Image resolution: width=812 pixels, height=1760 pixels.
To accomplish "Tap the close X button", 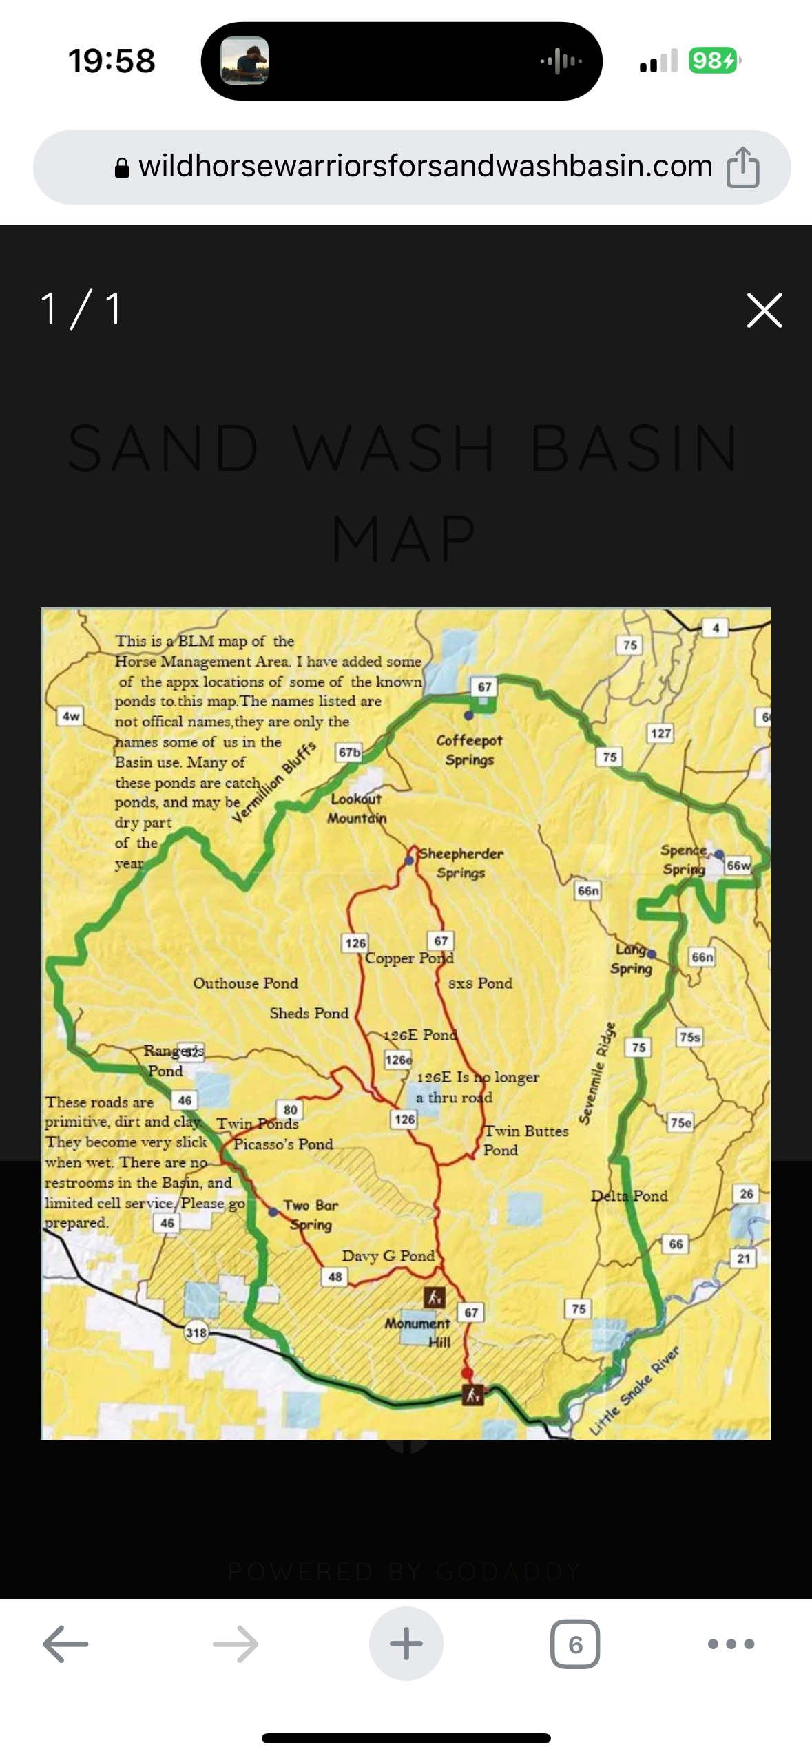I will pos(764,310).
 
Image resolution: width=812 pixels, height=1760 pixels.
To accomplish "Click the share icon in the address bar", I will pos(742,167).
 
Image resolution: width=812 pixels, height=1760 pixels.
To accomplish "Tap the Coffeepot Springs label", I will pos(469,750).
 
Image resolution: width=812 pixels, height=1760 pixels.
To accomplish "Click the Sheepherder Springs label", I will pos(461,863).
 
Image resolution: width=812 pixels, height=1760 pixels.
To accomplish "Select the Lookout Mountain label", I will pos(356,808).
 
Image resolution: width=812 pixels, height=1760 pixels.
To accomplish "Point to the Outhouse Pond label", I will pos(245,983).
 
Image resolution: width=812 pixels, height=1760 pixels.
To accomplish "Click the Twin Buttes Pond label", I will pos(525,1140).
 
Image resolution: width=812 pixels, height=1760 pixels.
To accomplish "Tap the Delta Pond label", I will pos(629,1196).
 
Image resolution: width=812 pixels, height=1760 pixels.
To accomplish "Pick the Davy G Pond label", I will pos(388,1256).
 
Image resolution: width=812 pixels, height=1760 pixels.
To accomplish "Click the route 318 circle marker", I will pos(196,1332).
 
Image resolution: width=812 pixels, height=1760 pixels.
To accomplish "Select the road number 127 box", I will pos(660,733).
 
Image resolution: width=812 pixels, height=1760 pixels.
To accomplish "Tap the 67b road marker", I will pos(349,753).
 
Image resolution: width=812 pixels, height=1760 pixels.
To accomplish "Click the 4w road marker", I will pos(71,716).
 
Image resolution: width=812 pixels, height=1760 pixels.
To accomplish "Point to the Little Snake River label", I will pos(634,1391).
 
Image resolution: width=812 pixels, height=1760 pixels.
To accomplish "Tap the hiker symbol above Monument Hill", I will pos(434,1297).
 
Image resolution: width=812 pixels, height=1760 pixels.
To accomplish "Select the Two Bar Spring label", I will pos(311,1215).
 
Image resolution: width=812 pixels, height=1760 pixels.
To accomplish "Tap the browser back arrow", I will pos(65,1644).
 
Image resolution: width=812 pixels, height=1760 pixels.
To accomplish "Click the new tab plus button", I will pos(406,1644).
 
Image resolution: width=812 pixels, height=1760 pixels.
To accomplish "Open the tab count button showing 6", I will pos(575,1644).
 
